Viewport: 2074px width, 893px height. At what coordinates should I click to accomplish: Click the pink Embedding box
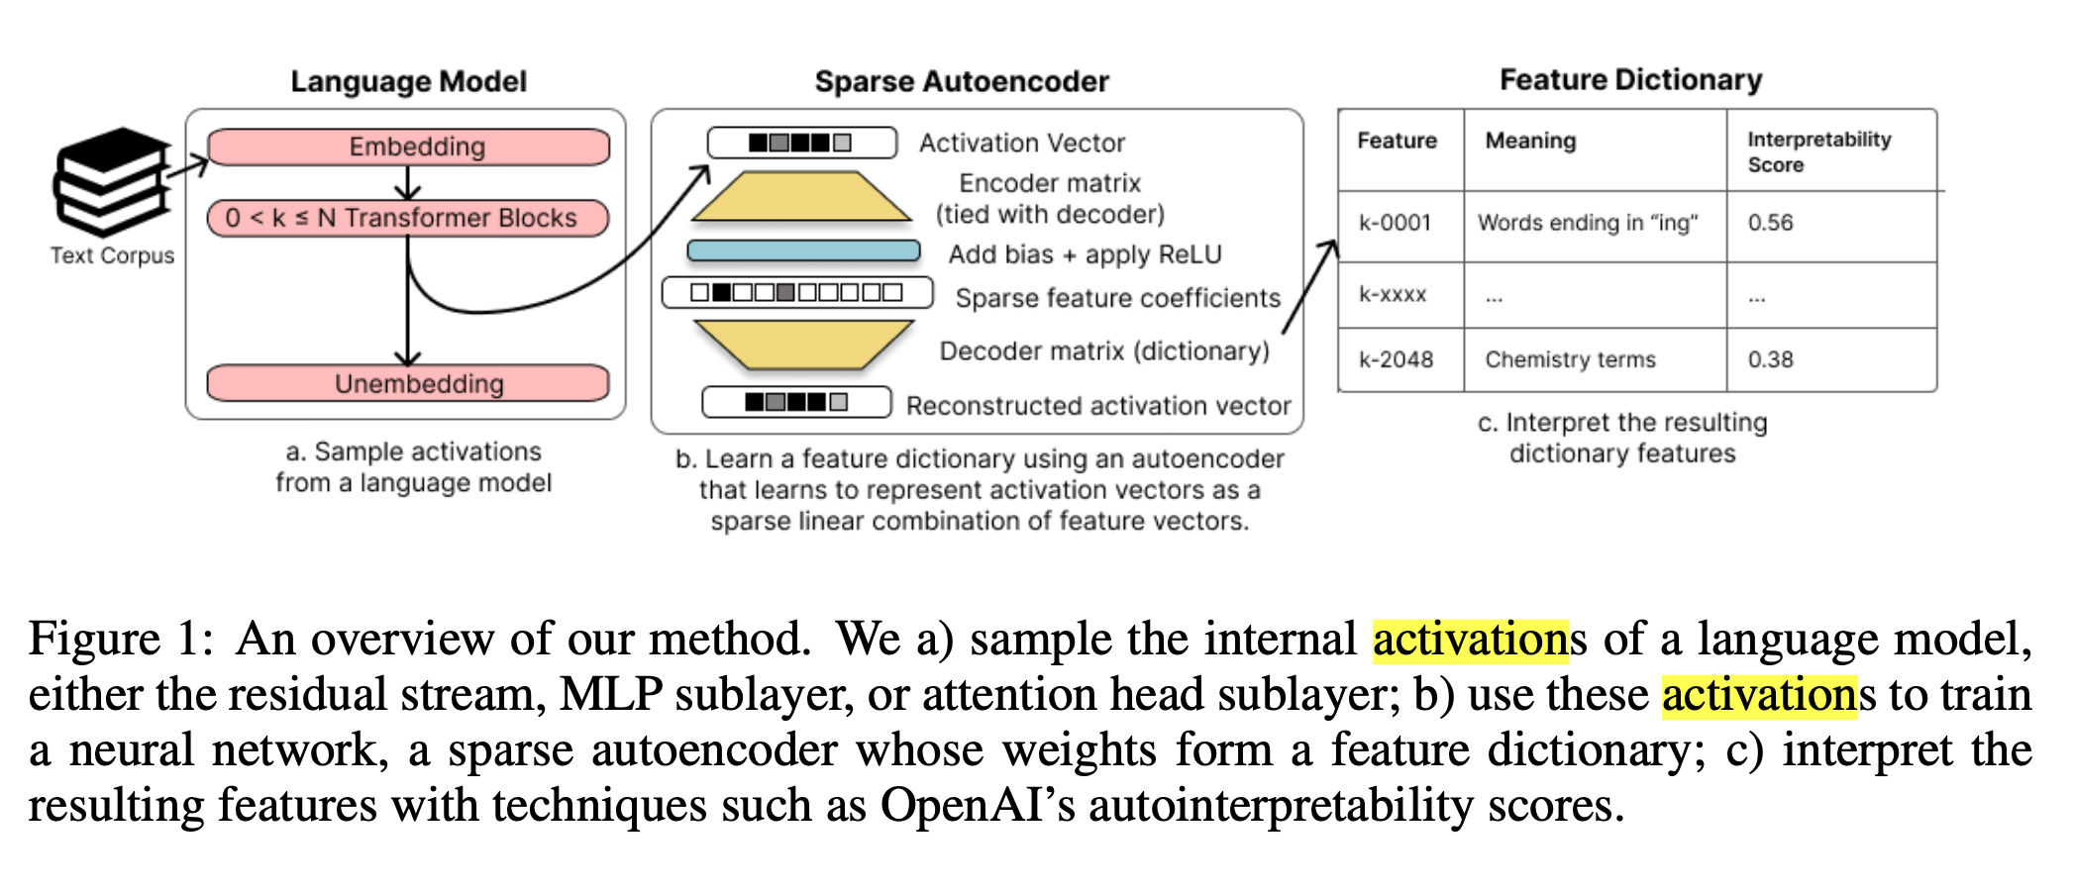pyautogui.click(x=408, y=147)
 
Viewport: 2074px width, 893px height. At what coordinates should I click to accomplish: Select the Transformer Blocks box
pyautogui.click(x=408, y=218)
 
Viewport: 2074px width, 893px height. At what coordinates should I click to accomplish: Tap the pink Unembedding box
pyautogui.click(x=408, y=383)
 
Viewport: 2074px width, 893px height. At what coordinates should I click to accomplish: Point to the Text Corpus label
pyautogui.click(x=112, y=255)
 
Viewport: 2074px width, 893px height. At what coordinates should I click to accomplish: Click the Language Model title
pyautogui.click(x=408, y=81)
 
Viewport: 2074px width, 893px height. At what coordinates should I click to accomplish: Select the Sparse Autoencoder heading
pyautogui.click(x=962, y=81)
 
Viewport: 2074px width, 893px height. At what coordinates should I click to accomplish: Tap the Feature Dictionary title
pyautogui.click(x=1630, y=79)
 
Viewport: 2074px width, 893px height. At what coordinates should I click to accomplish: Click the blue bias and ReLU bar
pyautogui.click(x=803, y=251)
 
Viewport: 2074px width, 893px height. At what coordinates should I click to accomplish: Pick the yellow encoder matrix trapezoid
pyautogui.click(x=801, y=197)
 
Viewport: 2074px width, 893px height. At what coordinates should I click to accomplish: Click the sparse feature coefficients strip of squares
pyautogui.click(x=797, y=293)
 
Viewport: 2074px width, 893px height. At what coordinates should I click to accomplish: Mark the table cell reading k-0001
pyautogui.click(x=1395, y=223)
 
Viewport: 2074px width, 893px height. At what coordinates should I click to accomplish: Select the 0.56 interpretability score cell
pyautogui.click(x=1770, y=223)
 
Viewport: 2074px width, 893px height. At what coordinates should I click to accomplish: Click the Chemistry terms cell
pyautogui.click(x=1570, y=359)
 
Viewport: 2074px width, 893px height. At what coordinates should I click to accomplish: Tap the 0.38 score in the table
pyautogui.click(x=1770, y=359)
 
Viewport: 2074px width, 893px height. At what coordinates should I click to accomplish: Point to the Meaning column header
pyautogui.click(x=1530, y=141)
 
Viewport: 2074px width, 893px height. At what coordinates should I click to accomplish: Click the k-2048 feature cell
pyautogui.click(x=1396, y=359)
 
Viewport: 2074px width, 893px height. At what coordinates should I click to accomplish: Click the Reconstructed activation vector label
pyautogui.click(x=1098, y=406)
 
